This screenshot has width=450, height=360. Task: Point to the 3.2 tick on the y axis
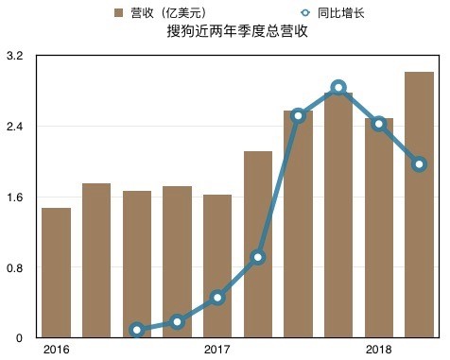pyautogui.click(x=13, y=57)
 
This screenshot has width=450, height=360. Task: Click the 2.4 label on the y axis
pyautogui.click(x=13, y=127)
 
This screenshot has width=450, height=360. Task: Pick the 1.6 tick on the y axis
pyautogui.click(x=13, y=197)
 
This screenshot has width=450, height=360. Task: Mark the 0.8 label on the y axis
pyautogui.click(x=13, y=268)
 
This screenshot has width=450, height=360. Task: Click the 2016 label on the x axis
pyautogui.click(x=56, y=351)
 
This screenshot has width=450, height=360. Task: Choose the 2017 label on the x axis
pyautogui.click(x=217, y=351)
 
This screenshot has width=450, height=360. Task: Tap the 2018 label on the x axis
pyautogui.click(x=379, y=351)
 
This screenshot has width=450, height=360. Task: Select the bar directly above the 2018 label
pyautogui.click(x=379, y=227)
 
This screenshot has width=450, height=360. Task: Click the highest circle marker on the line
pyautogui.click(x=338, y=88)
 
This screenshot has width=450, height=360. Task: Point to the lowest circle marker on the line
pyautogui.click(x=137, y=330)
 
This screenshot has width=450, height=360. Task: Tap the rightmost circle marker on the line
pyautogui.click(x=419, y=164)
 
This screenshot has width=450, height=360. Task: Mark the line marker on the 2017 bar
pyautogui.click(x=217, y=298)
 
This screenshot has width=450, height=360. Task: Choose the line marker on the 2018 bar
pyautogui.click(x=379, y=124)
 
